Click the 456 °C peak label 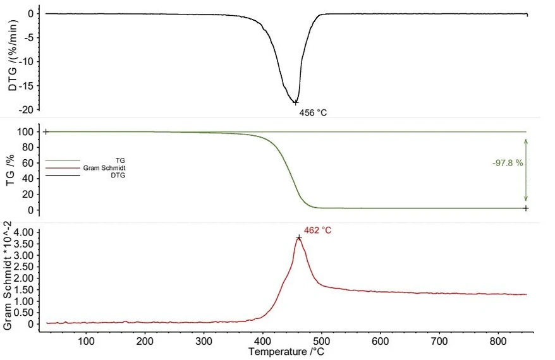pyautogui.click(x=314, y=112)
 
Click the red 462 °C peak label pyautogui.click(x=318, y=231)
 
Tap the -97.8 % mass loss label pyautogui.click(x=508, y=162)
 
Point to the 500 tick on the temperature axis pyautogui.click(x=321, y=341)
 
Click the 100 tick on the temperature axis pyautogui.click(x=86, y=341)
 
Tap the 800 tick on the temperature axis pyautogui.click(x=497, y=341)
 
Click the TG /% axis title pyautogui.click(x=10, y=171)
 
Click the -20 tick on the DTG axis pyautogui.click(x=27, y=109)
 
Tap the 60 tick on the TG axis pyautogui.click(x=29, y=163)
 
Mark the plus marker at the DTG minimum pyautogui.click(x=295, y=102)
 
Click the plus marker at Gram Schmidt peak pyautogui.click(x=299, y=237)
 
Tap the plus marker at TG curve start pyautogui.click(x=46, y=131)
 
